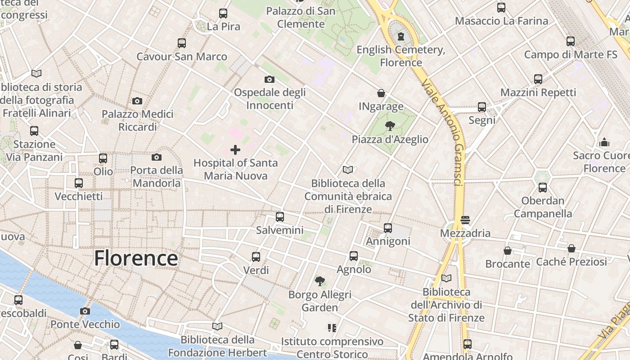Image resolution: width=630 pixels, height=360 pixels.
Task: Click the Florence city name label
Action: coord(136,258)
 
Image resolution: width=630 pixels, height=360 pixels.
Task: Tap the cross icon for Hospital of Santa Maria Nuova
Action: coord(235,150)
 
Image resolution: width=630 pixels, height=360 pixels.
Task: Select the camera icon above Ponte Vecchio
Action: coord(85,311)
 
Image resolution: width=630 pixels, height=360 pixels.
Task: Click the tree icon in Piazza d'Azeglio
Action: coord(390,126)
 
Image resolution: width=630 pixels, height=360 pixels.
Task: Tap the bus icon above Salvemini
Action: coord(280,217)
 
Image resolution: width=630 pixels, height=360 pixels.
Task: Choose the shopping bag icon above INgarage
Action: coord(381,93)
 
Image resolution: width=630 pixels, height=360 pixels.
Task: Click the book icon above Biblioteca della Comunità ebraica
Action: coord(348,170)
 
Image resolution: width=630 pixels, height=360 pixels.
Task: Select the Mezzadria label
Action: coord(465,233)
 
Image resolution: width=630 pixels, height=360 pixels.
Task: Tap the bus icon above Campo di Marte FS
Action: coord(571,41)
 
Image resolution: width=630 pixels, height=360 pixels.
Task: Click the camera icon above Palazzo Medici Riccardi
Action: coord(137,101)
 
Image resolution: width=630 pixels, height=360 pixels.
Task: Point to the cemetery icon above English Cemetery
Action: coord(401,36)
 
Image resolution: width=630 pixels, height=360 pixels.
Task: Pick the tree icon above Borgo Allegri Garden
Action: coord(320,282)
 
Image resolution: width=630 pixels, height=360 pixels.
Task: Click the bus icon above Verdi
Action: coord(256,257)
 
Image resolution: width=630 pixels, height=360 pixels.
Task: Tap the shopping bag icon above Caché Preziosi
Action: coord(571,248)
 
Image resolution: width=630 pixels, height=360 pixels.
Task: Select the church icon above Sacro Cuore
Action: coord(604,142)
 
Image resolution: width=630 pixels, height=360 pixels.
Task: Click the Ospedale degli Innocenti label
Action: coord(270,99)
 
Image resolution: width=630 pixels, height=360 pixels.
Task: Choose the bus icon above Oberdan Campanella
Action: coord(543,188)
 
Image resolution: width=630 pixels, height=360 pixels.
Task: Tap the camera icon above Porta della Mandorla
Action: coord(157,157)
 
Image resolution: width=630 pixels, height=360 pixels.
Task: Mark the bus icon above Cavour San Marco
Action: coord(182,43)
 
